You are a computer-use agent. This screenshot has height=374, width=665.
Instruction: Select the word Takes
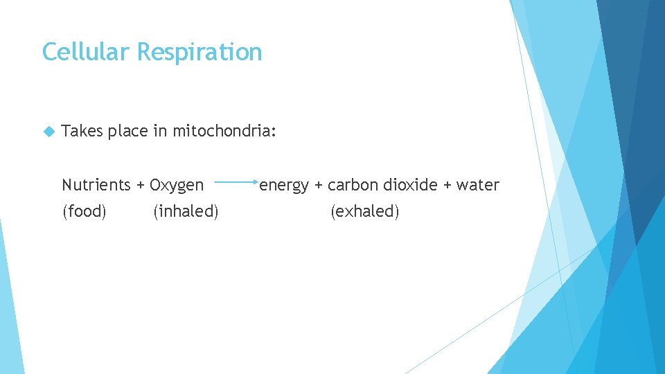click(82, 131)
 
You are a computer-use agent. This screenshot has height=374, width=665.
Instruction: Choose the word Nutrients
click(96, 185)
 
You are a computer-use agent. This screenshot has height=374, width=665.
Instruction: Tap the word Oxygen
click(177, 186)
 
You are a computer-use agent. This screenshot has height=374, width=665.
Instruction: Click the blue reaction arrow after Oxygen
click(236, 183)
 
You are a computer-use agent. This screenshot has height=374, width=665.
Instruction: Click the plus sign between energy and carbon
click(319, 185)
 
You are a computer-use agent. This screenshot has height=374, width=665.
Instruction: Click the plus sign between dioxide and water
click(447, 185)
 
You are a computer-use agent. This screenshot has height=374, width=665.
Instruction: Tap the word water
click(478, 185)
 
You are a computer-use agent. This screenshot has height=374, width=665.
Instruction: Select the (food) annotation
click(85, 211)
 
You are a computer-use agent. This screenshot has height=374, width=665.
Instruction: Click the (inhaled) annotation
click(186, 211)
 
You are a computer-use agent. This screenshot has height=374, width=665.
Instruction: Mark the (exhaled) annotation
click(365, 211)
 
